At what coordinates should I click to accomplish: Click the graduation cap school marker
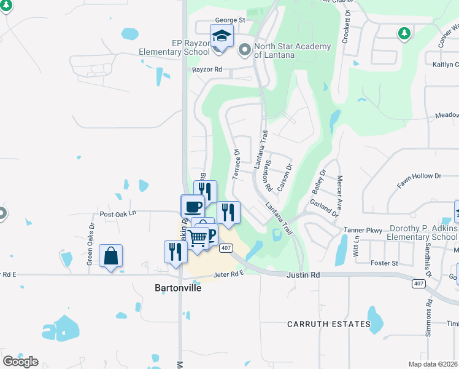point(222,36)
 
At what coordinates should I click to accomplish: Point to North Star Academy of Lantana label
point(292,50)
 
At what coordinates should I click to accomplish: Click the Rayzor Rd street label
point(206,69)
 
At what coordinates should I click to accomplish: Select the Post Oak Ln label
point(117,213)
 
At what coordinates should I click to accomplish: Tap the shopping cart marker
point(198,237)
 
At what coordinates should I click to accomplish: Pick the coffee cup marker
point(193,206)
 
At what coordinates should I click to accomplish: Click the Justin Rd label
point(304,275)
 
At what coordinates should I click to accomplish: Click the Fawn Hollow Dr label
point(419,176)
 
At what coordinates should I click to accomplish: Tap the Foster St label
point(385,263)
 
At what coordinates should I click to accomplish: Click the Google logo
point(20,361)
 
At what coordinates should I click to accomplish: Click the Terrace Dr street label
point(236,164)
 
